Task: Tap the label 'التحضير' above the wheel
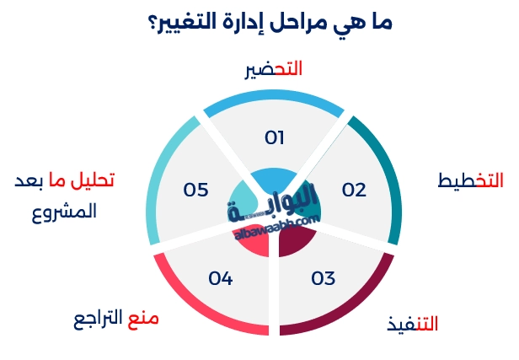point(273,71)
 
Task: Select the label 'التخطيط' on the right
point(471,181)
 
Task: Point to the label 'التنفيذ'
point(412,324)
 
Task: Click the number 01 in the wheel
point(275,137)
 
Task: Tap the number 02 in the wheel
point(354,190)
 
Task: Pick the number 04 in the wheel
point(220,277)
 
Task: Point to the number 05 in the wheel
point(195,190)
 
